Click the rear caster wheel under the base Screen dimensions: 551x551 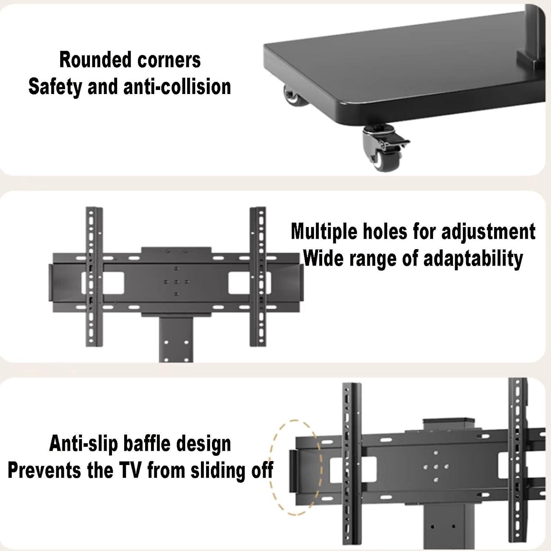pos(291,96)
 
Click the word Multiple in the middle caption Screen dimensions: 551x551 pos(324,232)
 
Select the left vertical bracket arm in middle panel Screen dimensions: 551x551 pos(94,276)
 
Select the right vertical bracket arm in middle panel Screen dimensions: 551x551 pos(258,276)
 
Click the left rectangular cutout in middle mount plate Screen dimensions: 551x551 pos(113,283)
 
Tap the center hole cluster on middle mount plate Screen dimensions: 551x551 pos(176,282)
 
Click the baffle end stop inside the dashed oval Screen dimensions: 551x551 pos(293,470)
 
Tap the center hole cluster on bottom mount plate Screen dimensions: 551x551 pos(436,467)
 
